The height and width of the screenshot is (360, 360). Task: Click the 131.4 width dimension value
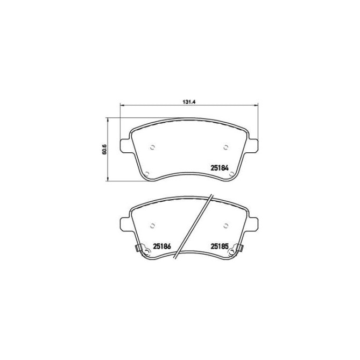[187, 100]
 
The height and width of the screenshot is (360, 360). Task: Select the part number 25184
[219, 167]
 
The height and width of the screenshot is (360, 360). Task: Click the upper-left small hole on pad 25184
[152, 147]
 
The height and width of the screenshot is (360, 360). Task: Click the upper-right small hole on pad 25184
[225, 147]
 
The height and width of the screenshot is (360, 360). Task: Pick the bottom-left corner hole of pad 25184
[146, 173]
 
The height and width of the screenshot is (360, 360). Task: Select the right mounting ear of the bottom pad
[252, 223]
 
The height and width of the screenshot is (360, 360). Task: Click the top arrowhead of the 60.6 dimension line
[109, 118]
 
